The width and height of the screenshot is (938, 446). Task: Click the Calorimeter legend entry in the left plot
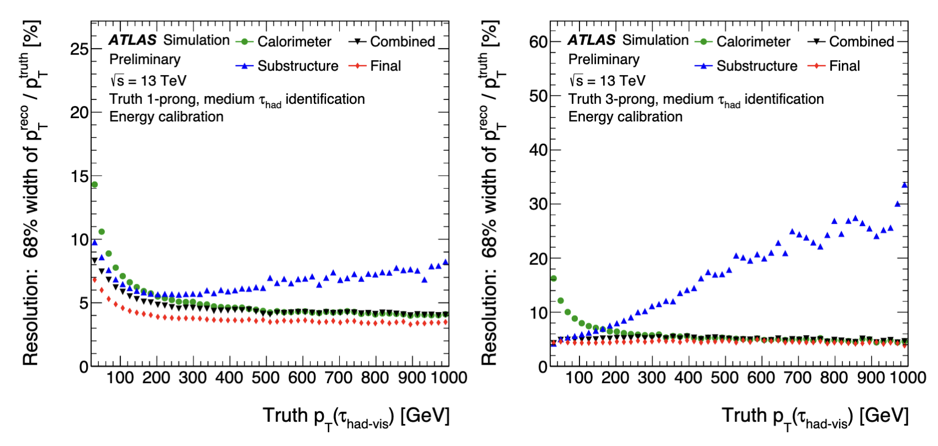pos(294,42)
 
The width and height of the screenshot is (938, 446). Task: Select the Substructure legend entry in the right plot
pos(756,66)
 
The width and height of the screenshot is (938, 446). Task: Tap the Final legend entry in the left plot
pos(385,66)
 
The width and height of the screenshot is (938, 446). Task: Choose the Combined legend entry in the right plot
pos(861,42)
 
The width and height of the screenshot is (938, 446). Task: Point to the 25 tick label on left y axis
pos(80,49)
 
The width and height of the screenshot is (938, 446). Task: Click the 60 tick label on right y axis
pos(539,42)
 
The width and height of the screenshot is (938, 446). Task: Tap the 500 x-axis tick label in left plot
pos(266,378)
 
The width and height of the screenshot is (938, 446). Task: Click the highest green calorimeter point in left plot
pos(94,185)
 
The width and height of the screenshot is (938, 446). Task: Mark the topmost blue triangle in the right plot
pos(904,185)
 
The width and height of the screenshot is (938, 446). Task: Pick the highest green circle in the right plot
pos(554,278)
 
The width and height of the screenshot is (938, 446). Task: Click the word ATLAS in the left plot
pos(133,40)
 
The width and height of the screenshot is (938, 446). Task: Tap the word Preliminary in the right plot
pos(604,60)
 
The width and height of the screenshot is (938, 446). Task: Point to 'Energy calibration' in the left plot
pos(166,117)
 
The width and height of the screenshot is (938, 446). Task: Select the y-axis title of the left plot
pos(32,193)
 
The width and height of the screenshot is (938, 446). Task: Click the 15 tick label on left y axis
pos(80,177)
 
